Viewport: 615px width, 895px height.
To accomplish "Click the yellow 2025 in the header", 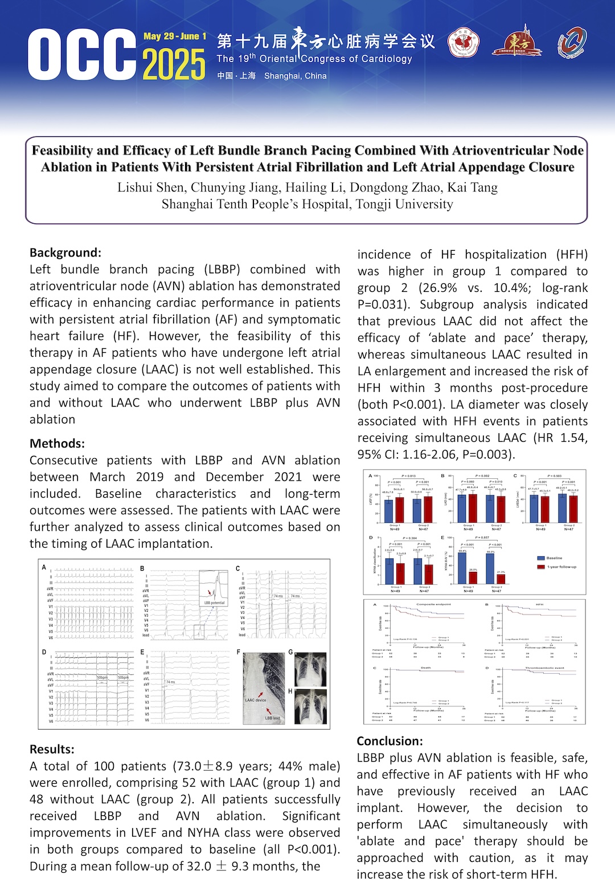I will pyautogui.click(x=174, y=64).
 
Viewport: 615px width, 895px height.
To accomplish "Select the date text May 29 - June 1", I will pyautogui.click(x=175, y=36).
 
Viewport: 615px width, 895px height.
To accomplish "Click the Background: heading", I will pyautogui.click(x=65, y=253).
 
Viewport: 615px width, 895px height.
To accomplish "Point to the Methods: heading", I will pyautogui.click(x=57, y=443).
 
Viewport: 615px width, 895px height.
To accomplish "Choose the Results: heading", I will pyautogui.click(x=52, y=749).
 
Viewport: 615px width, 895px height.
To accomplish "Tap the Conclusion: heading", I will pyautogui.click(x=389, y=741).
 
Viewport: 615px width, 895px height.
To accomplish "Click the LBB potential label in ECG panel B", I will pyautogui.click(x=214, y=603).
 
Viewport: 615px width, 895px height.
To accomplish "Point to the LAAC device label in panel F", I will pyautogui.click(x=255, y=700).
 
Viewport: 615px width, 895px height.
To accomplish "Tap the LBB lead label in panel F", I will pyautogui.click(x=272, y=718).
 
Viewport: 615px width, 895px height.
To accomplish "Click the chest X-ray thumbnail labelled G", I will pyautogui.click(x=311, y=669).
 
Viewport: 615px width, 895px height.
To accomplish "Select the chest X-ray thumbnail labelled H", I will pyautogui.click(x=311, y=706).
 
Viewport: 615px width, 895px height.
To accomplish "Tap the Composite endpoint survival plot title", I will pyautogui.click(x=433, y=604).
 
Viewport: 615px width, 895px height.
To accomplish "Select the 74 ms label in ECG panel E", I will pyautogui.click(x=170, y=682).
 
